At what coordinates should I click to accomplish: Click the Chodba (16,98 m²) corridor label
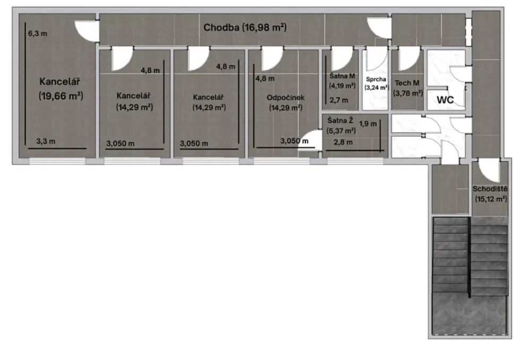[x=245, y=27]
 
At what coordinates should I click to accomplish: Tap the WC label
[x=445, y=100]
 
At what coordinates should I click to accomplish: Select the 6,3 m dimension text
[x=37, y=33]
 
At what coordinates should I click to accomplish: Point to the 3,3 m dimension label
[x=46, y=141]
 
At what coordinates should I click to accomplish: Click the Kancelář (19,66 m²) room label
[x=61, y=89]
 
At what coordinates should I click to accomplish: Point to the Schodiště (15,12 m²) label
[x=490, y=194]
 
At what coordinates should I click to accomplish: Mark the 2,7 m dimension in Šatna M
[x=339, y=100]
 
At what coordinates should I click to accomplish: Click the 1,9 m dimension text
[x=368, y=124]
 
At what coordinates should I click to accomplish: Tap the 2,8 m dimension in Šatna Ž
[x=343, y=142]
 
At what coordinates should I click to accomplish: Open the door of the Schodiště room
[x=488, y=172]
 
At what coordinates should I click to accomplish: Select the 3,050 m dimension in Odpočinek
[x=294, y=141]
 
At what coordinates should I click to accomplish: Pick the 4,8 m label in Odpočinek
[x=265, y=79]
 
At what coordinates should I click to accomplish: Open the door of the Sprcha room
[x=377, y=59]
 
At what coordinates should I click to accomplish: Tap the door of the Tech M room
[x=409, y=59]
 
